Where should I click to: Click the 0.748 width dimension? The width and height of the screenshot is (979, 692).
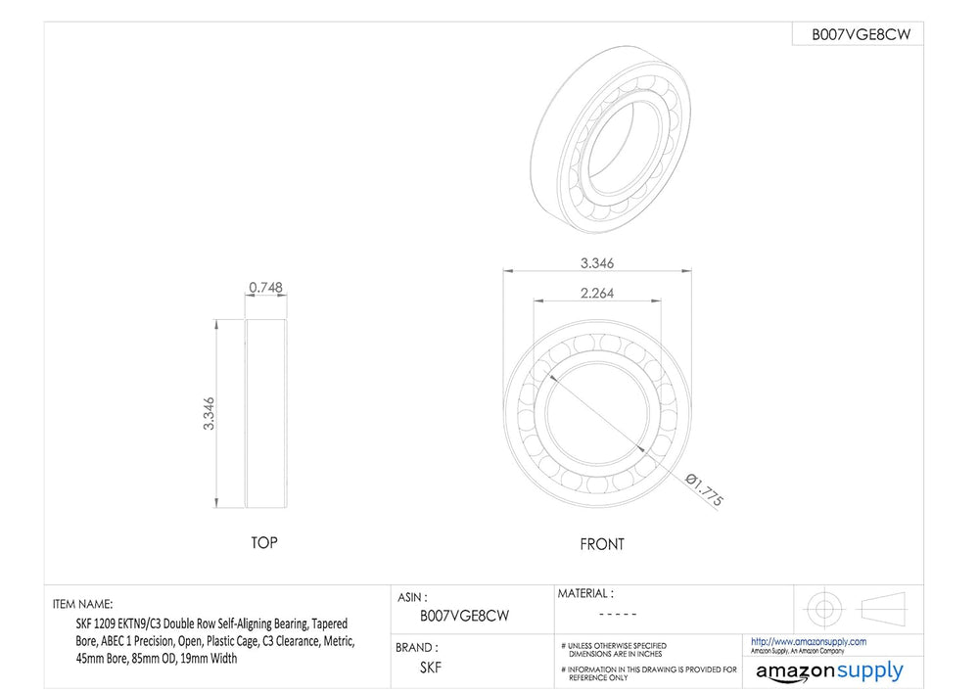(265, 287)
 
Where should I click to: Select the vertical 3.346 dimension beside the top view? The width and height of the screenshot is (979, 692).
(209, 413)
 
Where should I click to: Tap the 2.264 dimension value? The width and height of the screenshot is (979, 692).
(597, 293)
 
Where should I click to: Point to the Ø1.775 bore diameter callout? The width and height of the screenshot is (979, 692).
(704, 489)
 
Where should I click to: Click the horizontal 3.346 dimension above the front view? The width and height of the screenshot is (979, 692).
(597, 262)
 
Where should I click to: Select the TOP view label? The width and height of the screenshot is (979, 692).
(264, 543)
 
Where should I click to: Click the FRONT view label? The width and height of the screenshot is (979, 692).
(602, 544)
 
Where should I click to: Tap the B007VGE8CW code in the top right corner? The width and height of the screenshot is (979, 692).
(861, 35)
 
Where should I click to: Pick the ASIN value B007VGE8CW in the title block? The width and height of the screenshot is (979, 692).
(464, 616)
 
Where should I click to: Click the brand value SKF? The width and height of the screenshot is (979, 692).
(430, 668)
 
